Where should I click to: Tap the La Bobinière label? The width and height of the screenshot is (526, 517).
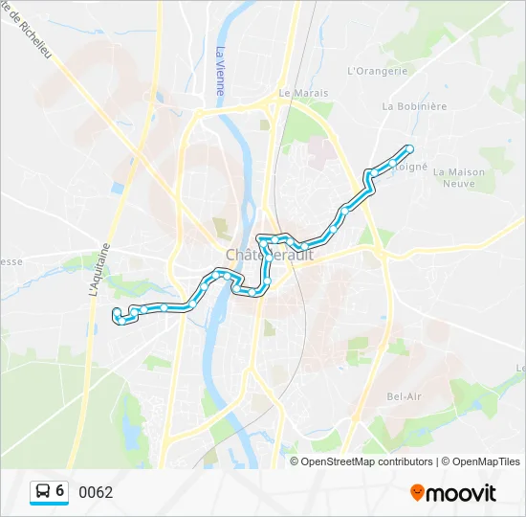click(414, 106)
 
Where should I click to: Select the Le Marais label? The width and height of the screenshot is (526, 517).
click(303, 93)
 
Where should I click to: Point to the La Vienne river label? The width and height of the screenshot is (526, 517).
click(220, 72)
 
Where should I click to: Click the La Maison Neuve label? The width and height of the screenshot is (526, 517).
click(459, 178)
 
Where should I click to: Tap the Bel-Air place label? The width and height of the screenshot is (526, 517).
click(405, 395)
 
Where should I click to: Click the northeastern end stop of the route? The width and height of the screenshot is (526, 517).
click(409, 148)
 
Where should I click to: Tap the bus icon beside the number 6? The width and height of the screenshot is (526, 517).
click(43, 492)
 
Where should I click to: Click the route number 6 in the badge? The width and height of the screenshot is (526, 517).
click(60, 491)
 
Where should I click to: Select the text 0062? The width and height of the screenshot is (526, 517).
click(96, 493)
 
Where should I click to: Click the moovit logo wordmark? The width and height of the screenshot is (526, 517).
click(461, 493)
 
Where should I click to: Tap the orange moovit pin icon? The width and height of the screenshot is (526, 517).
click(417, 493)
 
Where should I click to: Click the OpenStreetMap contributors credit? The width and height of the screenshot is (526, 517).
click(366, 461)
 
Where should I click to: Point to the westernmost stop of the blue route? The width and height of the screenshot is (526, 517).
click(116, 312)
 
